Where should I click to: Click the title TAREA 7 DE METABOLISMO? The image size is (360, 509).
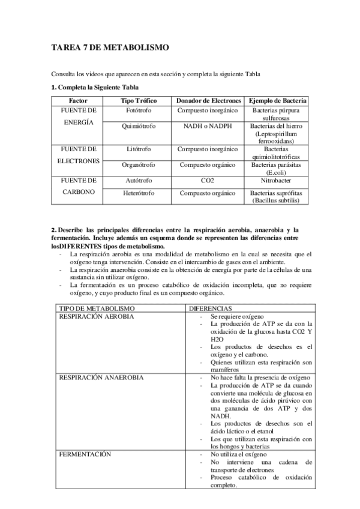coord(110,47)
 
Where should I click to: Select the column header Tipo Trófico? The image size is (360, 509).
coord(139,101)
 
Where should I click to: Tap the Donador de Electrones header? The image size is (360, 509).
coord(208,101)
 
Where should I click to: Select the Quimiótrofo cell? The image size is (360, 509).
coord(139,127)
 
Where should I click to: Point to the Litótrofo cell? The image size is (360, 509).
coord(139,148)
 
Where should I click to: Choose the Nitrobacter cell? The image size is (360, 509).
coord(277,179)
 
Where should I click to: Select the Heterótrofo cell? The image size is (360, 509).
coord(139,193)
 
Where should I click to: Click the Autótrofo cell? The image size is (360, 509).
coord(139,179)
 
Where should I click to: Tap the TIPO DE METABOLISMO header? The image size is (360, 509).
coord(88,307)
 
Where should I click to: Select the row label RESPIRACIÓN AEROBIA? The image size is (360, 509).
coord(96,316)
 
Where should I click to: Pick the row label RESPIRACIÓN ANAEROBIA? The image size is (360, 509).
coord(101,378)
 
